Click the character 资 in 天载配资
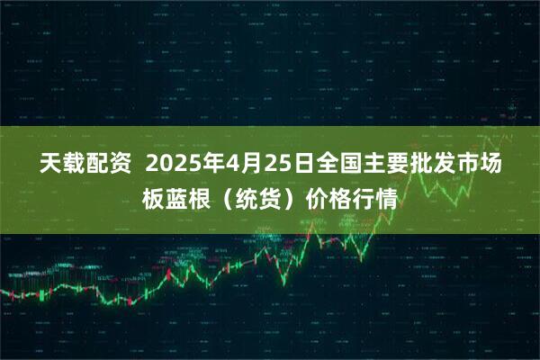tap(118, 166)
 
